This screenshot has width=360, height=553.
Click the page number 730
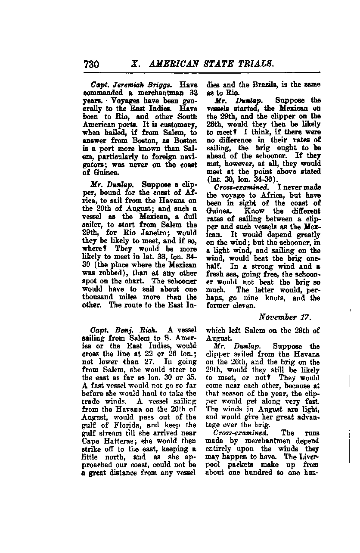(x=92, y=64)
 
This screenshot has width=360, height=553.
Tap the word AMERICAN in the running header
(x=174, y=64)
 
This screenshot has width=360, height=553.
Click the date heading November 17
(x=284, y=318)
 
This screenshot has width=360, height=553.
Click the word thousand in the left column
(x=99, y=297)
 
